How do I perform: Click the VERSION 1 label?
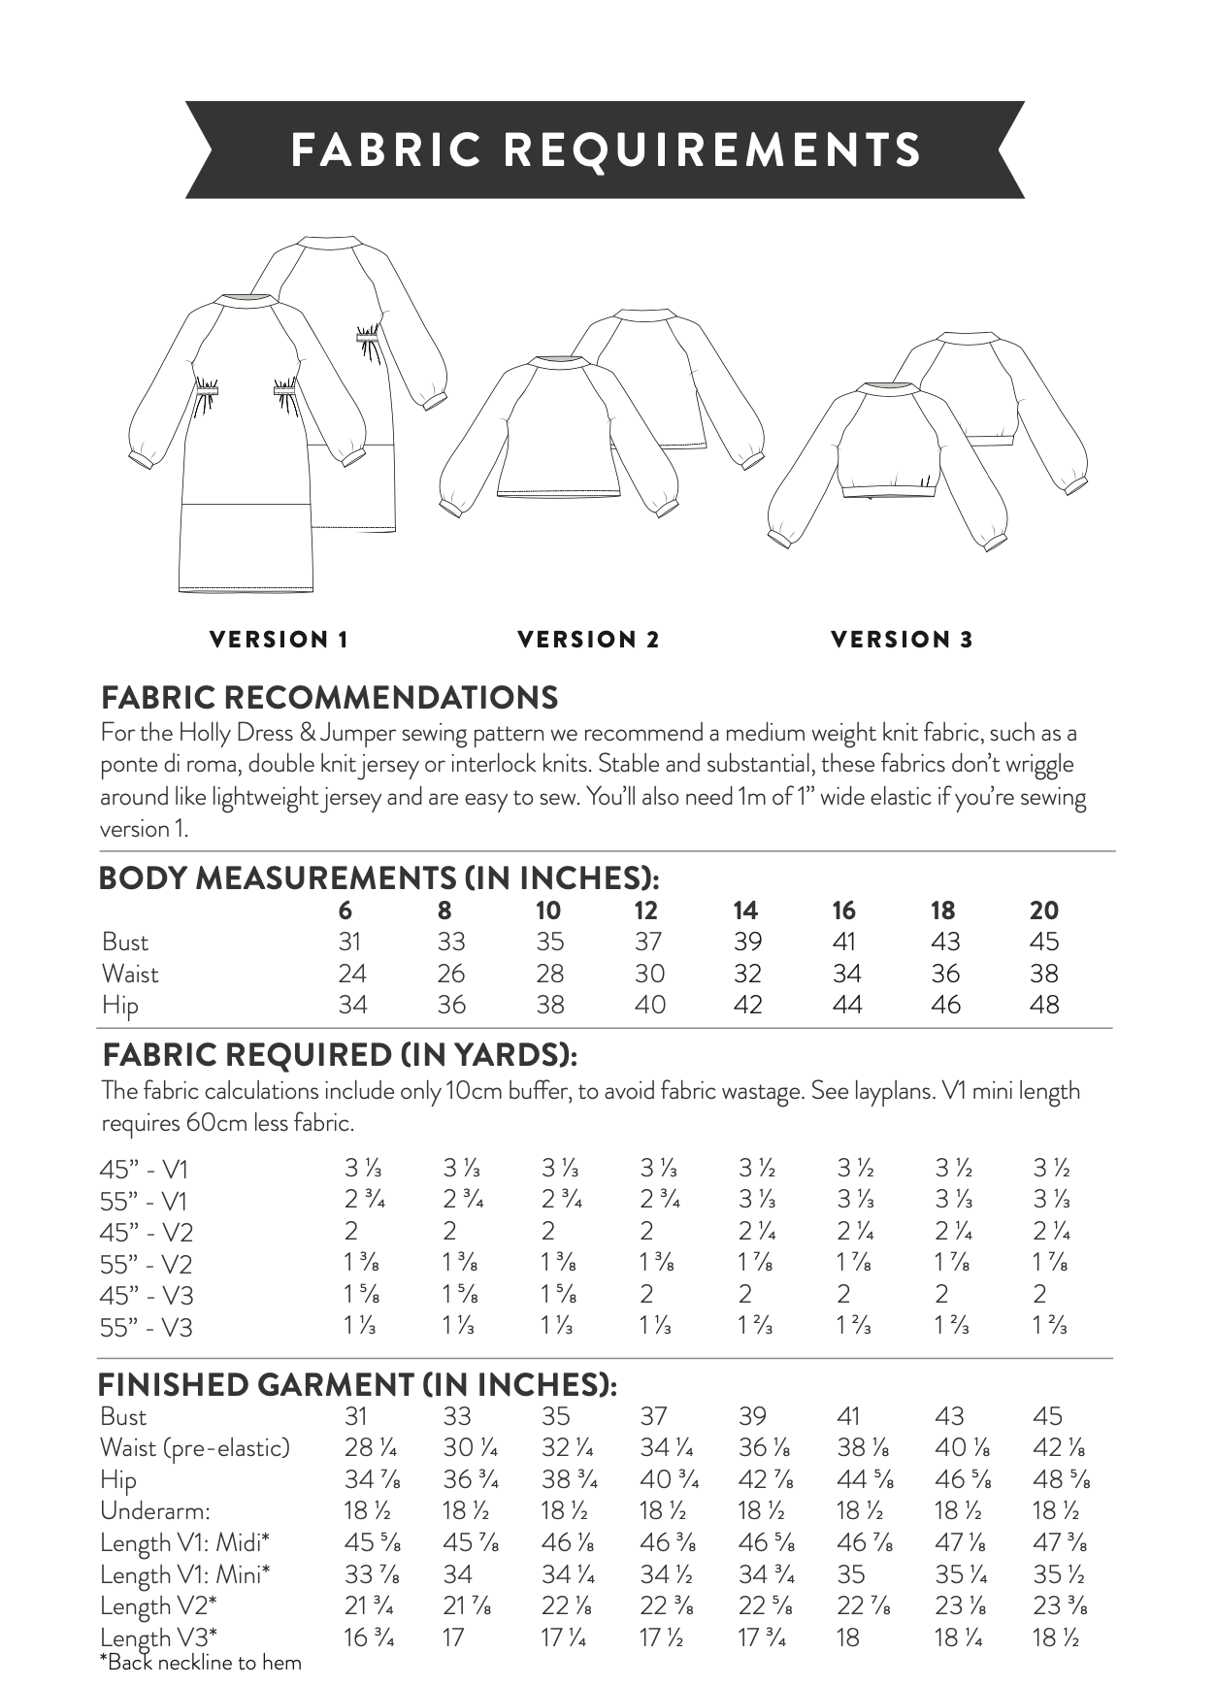pyautogui.click(x=279, y=640)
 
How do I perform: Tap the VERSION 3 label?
pyautogui.click(x=902, y=640)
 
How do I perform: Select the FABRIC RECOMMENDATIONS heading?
pyautogui.click(x=330, y=697)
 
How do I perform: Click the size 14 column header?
pyautogui.click(x=744, y=910)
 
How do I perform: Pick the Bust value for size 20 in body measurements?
pyautogui.click(x=1044, y=942)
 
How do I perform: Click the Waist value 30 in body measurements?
pyautogui.click(x=649, y=974)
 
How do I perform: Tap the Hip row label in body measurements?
pyautogui.click(x=120, y=1006)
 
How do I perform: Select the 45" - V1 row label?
pyautogui.click(x=144, y=1170)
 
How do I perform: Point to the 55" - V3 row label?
pyautogui.click(x=146, y=1327)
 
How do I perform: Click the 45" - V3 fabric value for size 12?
pyautogui.click(x=646, y=1295)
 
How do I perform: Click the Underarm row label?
pyautogui.click(x=155, y=1511)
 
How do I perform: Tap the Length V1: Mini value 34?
pyautogui.click(x=457, y=1574)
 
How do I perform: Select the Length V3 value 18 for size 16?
pyautogui.click(x=848, y=1637)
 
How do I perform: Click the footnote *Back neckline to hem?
pyautogui.click(x=201, y=1663)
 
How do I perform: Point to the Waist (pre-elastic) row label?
pyautogui.click(x=195, y=1448)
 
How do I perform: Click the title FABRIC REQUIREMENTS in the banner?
pyautogui.click(x=606, y=149)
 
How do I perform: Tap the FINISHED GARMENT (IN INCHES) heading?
pyautogui.click(x=357, y=1384)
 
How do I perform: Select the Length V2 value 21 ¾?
pyautogui.click(x=369, y=1606)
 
